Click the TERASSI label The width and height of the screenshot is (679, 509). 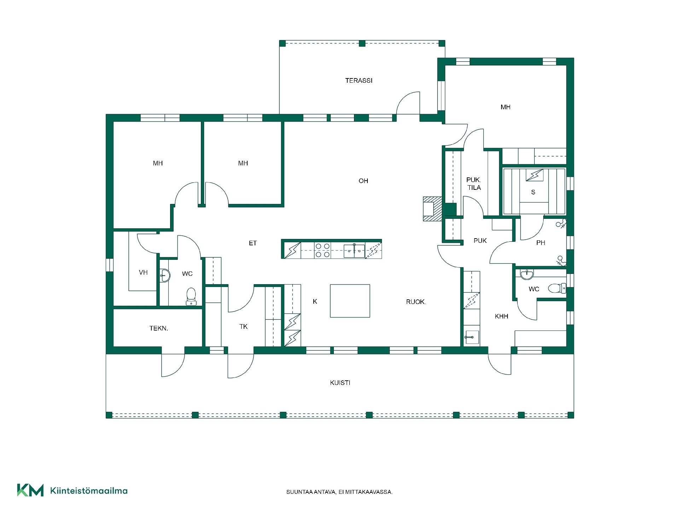(359, 81)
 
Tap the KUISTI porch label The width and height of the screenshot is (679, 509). (340, 382)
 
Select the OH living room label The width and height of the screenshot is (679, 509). (363, 181)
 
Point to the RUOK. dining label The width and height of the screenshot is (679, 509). (416, 302)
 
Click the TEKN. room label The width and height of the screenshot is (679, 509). (159, 328)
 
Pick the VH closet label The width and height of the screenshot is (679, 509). (143, 273)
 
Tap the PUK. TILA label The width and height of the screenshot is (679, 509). (474, 184)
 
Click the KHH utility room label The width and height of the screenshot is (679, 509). (501, 316)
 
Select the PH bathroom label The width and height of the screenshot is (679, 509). (540, 243)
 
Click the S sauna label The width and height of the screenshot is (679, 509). (533, 192)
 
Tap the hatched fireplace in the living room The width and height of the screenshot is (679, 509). (433, 209)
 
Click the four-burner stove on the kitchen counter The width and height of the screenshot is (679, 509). (323, 250)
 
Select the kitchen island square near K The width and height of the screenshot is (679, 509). (350, 301)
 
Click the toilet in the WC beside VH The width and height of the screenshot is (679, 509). (191, 296)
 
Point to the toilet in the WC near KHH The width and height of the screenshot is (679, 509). (557, 288)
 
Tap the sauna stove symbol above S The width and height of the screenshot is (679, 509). (534, 175)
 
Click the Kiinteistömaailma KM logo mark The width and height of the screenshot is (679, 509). (30, 490)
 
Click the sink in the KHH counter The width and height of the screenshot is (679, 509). (471, 337)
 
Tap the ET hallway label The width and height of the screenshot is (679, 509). (253, 243)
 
